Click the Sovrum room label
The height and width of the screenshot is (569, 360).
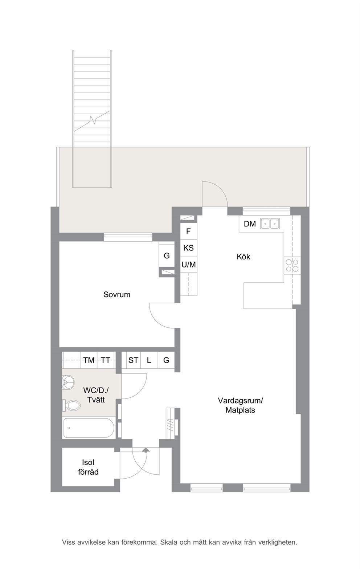[x=117, y=294]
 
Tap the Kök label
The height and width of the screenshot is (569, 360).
[x=244, y=257]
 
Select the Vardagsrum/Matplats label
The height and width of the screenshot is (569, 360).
[x=240, y=405]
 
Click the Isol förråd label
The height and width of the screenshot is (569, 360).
[x=88, y=467]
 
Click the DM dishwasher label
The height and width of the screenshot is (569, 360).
[x=250, y=224]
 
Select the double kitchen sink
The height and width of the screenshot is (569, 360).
[x=270, y=224]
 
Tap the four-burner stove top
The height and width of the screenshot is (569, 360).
[x=292, y=266]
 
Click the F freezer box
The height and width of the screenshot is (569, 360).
[x=188, y=231]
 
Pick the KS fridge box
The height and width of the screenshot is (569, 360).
[x=188, y=248]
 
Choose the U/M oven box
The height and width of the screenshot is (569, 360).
[x=188, y=265]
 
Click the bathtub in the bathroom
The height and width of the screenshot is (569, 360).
[x=89, y=428]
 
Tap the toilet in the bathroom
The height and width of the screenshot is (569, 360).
[x=71, y=405]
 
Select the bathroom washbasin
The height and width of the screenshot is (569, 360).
[x=68, y=383]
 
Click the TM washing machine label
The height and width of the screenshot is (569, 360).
[x=89, y=360]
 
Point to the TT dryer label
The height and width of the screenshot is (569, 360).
[x=106, y=360]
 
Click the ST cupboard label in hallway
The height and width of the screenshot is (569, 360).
[x=133, y=360]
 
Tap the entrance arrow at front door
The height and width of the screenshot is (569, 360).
[x=146, y=450]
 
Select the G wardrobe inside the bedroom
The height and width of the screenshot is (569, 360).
[x=167, y=255]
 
